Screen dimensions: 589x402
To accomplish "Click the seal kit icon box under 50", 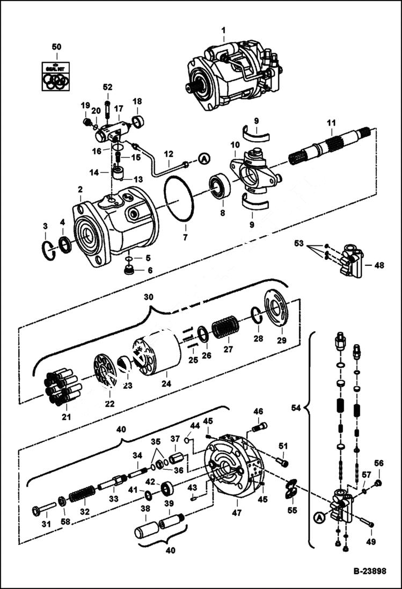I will [x=56, y=75].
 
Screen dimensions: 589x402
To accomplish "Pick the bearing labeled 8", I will [x=220, y=186].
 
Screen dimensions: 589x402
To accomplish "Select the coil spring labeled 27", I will [x=224, y=328].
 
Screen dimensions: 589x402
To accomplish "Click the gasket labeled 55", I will [x=291, y=489].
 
